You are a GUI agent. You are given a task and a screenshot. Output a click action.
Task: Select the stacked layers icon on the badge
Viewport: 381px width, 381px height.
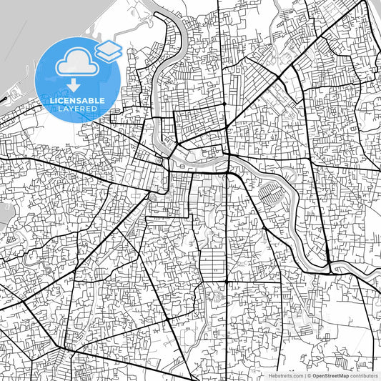pyautogui.click(x=107, y=51)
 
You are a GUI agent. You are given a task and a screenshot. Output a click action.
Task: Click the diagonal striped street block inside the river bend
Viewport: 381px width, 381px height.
pyautogui.click(x=270, y=192)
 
